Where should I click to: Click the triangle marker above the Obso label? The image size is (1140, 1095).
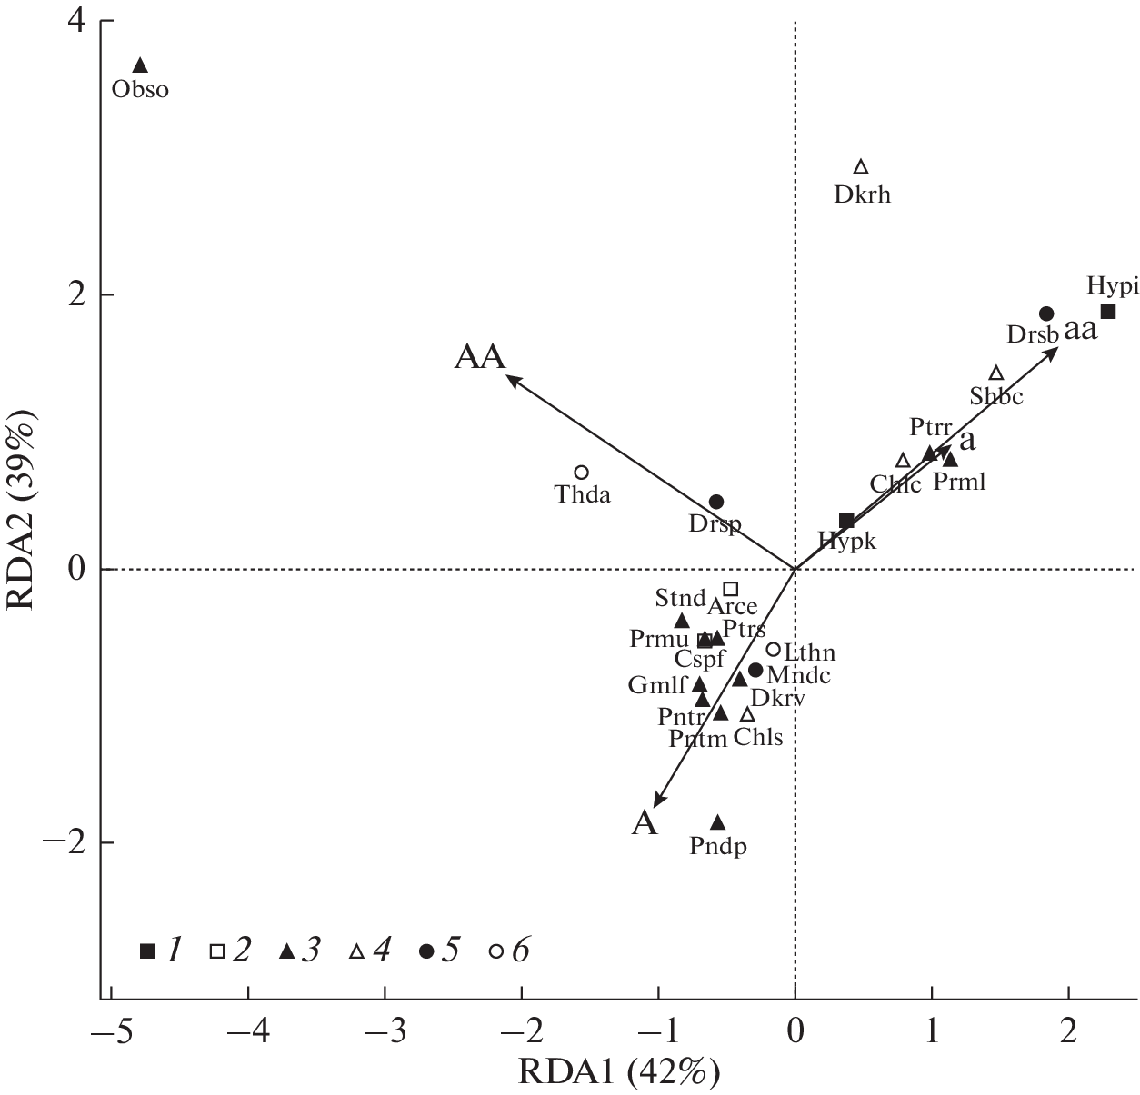140,65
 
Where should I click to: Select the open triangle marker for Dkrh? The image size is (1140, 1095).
861,167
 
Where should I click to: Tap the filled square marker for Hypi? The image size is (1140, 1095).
1108,312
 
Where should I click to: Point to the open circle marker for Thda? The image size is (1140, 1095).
582,473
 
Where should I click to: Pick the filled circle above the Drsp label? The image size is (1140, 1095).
716,502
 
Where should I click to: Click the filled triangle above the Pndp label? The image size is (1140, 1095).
718,822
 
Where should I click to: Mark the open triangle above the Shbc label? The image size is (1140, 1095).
996,373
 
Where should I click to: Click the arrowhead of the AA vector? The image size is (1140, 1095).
511,380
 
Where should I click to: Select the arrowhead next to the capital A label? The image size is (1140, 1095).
658,800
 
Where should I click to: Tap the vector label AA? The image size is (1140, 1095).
479,357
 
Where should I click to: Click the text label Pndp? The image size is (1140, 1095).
718,847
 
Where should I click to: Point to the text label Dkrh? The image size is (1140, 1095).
862,194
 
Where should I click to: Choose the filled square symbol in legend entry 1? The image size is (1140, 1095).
147,951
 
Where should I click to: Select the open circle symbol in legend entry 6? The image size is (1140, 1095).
495,951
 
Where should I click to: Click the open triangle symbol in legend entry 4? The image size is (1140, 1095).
357,951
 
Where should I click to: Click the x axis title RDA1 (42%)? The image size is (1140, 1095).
619,1072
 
